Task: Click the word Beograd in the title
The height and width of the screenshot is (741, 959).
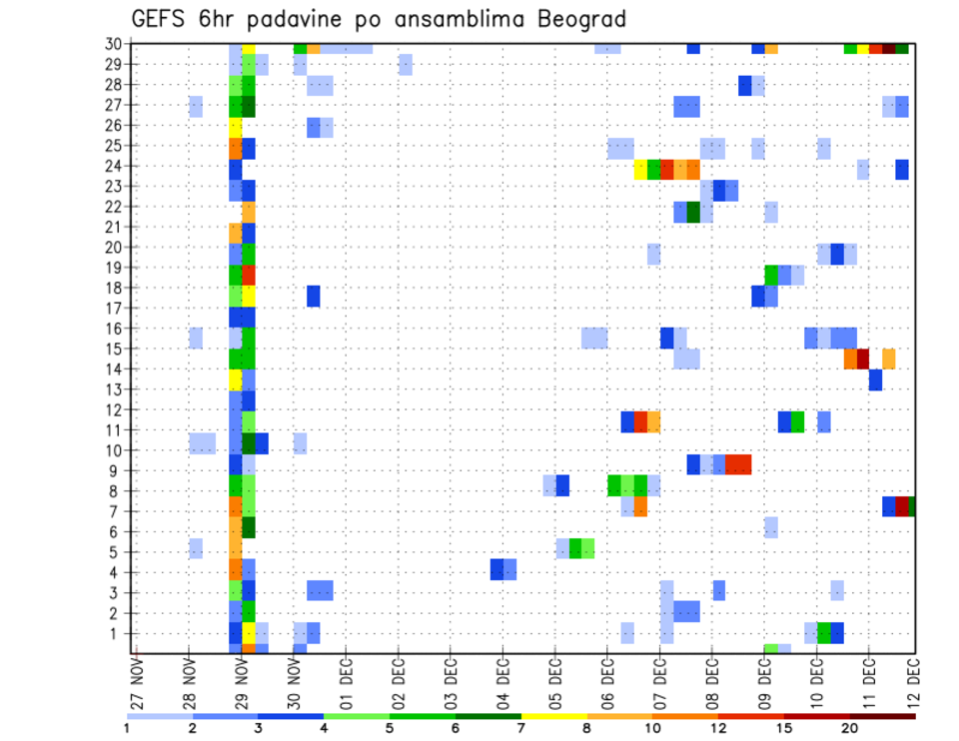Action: click(568, 20)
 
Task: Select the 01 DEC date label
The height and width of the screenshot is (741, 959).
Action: click(346, 685)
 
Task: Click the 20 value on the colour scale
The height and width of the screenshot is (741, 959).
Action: click(849, 728)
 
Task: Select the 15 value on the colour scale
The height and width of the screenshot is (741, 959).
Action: click(783, 728)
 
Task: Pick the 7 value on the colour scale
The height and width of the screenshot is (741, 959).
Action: click(520, 728)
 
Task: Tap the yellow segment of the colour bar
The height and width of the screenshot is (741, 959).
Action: click(553, 716)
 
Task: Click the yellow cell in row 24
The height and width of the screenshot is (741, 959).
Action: click(640, 170)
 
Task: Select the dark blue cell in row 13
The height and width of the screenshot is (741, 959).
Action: click(875, 379)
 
